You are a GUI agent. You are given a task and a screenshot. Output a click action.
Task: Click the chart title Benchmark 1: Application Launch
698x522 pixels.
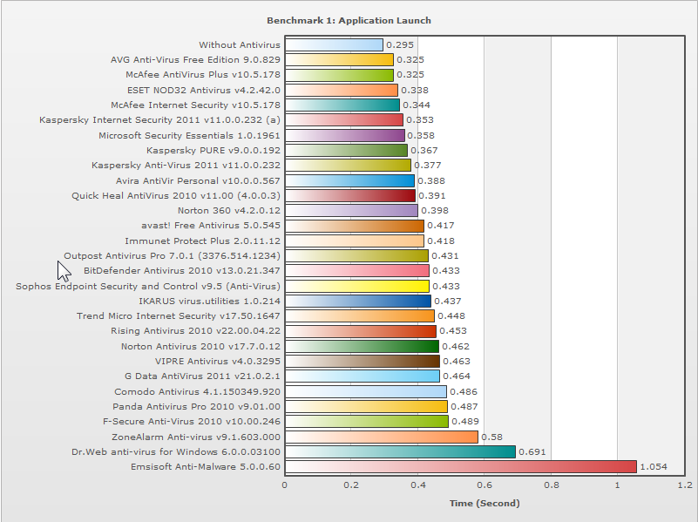coord(349,20)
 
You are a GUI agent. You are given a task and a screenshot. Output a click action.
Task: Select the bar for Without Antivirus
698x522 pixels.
coord(334,44)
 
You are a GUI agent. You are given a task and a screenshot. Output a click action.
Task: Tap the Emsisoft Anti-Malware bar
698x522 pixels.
coord(460,466)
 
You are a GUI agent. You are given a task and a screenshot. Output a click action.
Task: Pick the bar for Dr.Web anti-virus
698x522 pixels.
coord(400,451)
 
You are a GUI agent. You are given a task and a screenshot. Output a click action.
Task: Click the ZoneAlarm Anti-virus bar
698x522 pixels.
coord(381,437)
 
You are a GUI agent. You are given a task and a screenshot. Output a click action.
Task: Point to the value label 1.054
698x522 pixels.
coord(654,467)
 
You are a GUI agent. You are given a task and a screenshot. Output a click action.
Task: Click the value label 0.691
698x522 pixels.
coord(532,452)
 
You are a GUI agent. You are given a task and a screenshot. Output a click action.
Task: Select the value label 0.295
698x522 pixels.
coord(400,45)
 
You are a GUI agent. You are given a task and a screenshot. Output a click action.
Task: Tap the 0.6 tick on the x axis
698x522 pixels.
coord(484,485)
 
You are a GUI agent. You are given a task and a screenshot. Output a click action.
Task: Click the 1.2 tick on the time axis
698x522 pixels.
coord(684,485)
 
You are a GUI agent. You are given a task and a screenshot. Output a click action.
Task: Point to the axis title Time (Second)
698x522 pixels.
coord(484,503)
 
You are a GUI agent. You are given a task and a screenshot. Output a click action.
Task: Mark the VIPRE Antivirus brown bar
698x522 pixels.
coord(362,361)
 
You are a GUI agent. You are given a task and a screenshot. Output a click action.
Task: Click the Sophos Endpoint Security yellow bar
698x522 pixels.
coord(356,286)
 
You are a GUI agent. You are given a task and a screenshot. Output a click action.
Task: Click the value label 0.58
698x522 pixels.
coord(491,437)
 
